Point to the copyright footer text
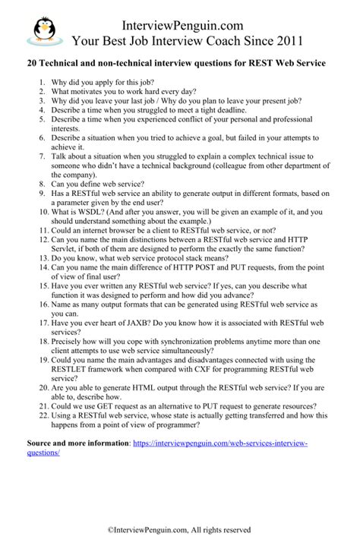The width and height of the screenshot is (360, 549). coord(179,529)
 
